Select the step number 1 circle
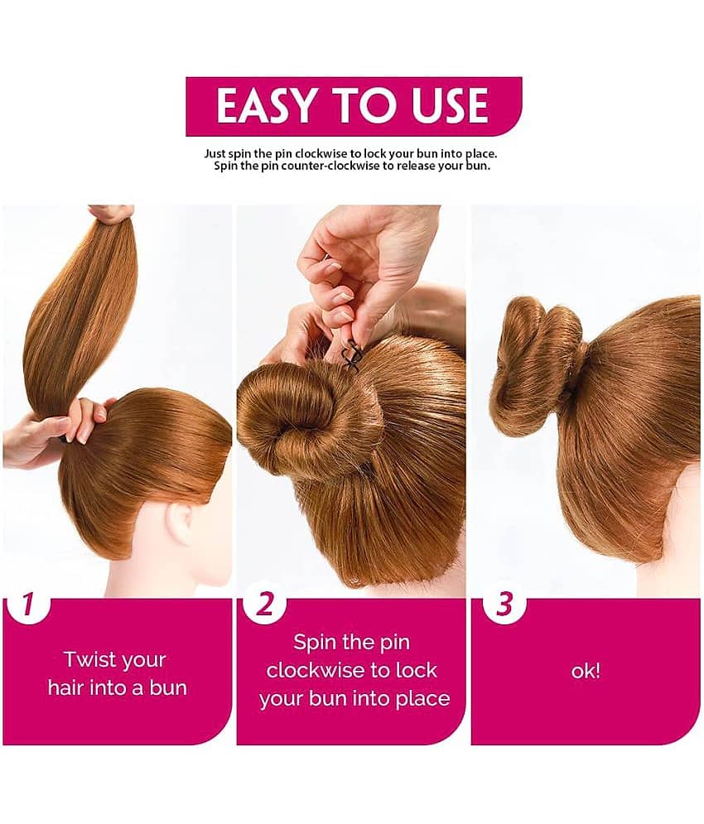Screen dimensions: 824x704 click(x=27, y=605)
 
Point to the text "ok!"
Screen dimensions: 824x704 click(x=586, y=671)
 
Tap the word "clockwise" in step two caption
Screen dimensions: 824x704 click(x=352, y=670)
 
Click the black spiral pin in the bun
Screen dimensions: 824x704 click(x=353, y=354)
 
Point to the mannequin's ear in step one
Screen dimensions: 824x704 click(x=181, y=523)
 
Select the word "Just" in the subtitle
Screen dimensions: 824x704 click(x=217, y=153)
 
